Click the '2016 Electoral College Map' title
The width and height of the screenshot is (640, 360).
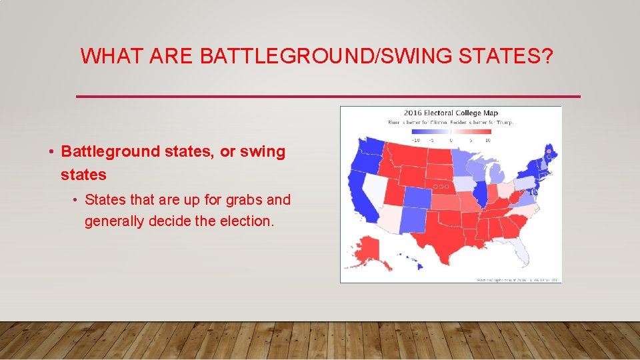pos(450,113)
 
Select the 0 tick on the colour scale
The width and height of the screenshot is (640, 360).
pos(451,140)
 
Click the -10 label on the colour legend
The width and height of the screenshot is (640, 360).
pos(414,140)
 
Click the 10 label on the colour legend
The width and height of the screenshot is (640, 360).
pos(487,140)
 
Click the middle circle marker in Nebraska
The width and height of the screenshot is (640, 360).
pos(441,187)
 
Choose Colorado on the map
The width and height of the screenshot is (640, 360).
pos(417,198)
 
